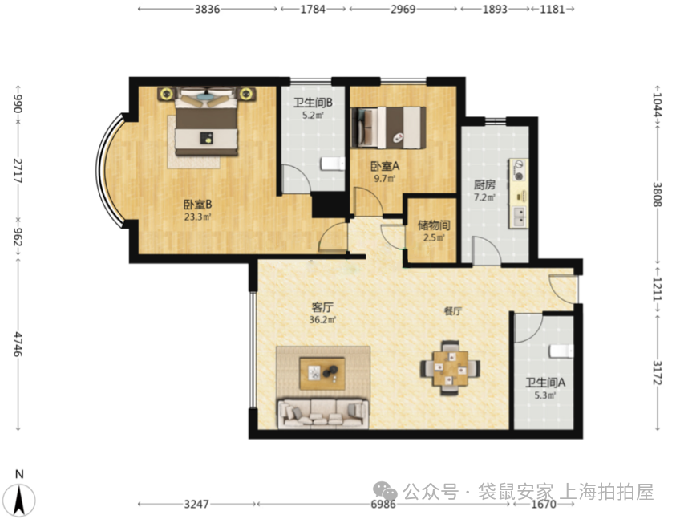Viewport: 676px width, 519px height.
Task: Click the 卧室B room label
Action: coord(197,204)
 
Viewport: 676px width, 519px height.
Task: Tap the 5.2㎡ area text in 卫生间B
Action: coord(314,116)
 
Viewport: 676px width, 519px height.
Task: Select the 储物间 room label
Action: coord(434,225)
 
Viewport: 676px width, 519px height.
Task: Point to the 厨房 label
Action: coord(484,185)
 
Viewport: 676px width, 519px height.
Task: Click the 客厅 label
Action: coord(322,307)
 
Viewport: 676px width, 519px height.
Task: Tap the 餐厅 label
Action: coord(453,311)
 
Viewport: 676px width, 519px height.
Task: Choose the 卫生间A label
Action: coord(545,383)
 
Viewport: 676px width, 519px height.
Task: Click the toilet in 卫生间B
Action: coord(333,164)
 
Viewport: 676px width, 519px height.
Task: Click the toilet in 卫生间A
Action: coord(561,351)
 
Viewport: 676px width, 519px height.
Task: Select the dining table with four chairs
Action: coord(451,367)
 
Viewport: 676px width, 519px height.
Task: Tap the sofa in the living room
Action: coord(323,413)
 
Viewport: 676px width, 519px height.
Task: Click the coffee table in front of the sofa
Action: coord(322,373)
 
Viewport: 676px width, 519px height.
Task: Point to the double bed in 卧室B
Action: coord(207,121)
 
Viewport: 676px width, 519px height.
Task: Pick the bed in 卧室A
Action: coord(388,128)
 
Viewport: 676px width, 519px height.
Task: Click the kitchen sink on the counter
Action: coord(519,217)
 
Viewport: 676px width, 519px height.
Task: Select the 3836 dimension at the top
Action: coord(208,9)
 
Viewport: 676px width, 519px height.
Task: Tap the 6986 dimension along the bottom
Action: coord(383,504)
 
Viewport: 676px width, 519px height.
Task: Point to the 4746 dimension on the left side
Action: coord(18,344)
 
